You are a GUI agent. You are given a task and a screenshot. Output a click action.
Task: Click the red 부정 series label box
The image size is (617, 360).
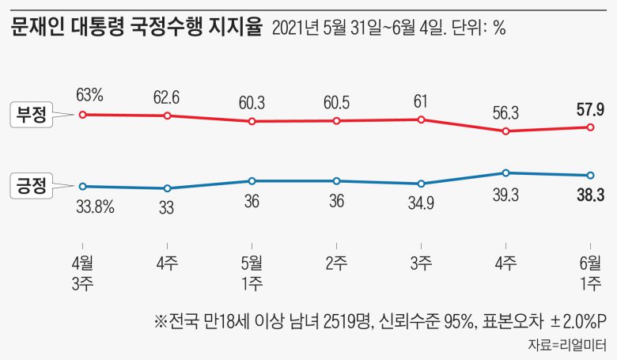coord(31,116)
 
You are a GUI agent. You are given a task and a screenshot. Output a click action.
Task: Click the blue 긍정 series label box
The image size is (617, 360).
coord(31,187)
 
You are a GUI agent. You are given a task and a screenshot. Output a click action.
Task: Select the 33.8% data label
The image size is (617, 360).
coord(94,208)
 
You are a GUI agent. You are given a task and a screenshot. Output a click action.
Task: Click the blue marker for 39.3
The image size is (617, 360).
coord(505,172)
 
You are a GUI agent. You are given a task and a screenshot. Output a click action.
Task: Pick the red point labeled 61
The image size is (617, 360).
coord(421,119)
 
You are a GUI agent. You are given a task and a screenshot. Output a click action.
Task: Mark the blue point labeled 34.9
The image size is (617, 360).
coord(421,184)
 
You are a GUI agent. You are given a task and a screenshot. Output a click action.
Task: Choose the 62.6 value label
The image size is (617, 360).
coord(167,98)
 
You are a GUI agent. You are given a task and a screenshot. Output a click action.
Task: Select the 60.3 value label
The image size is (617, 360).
coord(252,104)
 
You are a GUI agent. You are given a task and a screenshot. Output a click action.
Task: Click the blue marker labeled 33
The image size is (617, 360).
coord(167,188)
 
